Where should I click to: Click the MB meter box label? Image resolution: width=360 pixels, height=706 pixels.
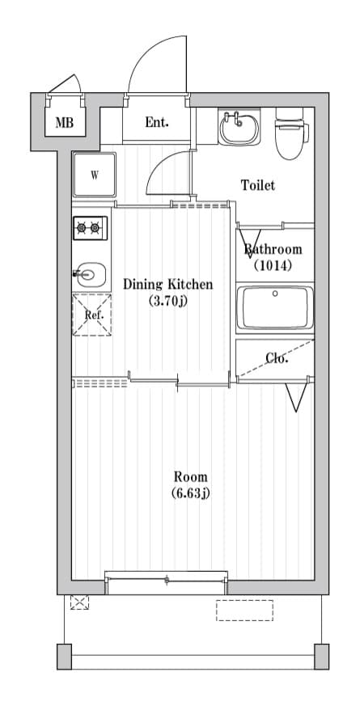[64, 124]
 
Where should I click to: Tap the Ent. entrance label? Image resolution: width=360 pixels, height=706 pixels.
[157, 123]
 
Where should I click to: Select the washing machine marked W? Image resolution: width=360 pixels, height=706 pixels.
[94, 175]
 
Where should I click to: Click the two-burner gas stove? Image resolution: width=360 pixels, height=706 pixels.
[90, 229]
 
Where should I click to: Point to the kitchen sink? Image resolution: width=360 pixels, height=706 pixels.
[91, 275]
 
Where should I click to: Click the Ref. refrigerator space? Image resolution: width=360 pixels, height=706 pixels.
[92, 315]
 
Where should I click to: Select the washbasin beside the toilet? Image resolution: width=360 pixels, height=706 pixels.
[239, 126]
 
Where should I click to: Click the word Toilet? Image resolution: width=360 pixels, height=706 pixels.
[257, 185]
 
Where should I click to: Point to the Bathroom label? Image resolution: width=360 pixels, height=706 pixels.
[273, 249]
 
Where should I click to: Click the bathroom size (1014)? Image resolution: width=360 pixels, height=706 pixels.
[273, 264]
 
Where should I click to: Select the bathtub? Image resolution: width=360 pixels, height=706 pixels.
[275, 308]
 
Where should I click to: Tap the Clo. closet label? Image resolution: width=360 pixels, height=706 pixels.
[277, 358]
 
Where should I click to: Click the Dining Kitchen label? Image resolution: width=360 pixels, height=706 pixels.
[167, 284]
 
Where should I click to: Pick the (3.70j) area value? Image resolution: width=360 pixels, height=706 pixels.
[167, 301]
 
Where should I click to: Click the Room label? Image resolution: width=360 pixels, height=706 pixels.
[190, 476]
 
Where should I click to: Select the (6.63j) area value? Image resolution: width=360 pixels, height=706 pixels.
[190, 493]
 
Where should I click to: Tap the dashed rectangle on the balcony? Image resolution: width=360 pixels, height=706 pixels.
[244, 611]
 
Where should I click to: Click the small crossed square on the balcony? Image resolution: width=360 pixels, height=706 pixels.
[80, 602]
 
